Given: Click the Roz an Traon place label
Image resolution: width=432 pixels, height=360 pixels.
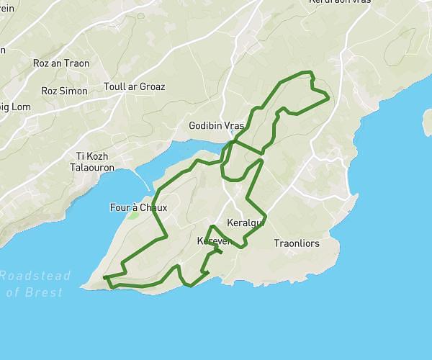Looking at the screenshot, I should tap(61, 63).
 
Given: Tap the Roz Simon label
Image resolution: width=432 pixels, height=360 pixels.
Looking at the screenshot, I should tap(64, 91).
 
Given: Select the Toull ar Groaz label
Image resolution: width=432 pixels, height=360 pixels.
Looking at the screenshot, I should tap(135, 87).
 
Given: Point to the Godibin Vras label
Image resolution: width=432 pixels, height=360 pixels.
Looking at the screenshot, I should tap(217, 125).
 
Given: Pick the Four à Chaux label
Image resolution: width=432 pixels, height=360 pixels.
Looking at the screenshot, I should tap(138, 208).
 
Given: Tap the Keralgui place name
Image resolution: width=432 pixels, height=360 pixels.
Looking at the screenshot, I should tap(246, 222).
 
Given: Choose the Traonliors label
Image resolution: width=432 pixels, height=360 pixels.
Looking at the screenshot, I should tap(297, 244).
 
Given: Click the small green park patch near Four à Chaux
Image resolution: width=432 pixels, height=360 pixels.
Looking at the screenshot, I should tap(133, 215).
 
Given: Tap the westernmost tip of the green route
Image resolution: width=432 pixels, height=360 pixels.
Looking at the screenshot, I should tap(104, 277).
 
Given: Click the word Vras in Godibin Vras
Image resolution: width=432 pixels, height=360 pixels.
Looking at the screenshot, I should tap(235, 125).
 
